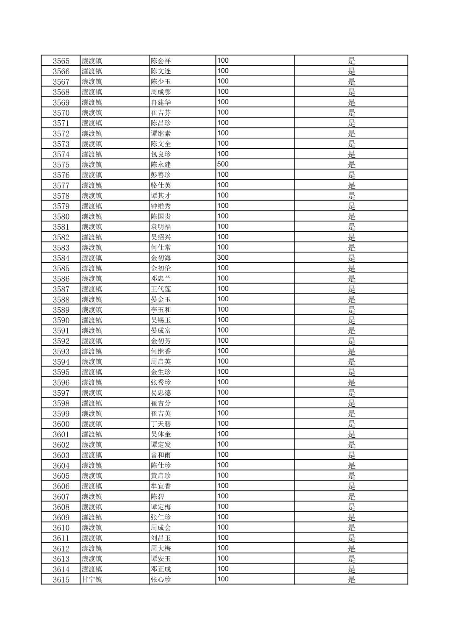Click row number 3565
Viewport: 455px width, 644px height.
coord(61,61)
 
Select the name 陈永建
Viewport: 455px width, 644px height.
coord(161,164)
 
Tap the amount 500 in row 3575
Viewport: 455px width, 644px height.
coord(223,164)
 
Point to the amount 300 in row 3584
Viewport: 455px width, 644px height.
coord(223,258)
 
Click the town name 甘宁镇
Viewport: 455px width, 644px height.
coord(92,580)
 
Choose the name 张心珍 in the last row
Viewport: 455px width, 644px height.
coord(161,580)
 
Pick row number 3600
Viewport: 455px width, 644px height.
coord(61,424)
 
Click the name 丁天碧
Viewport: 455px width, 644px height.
coord(161,424)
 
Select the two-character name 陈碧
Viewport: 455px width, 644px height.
coord(158,497)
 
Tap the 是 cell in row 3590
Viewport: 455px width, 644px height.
coord(351,320)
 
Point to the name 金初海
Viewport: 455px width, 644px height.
coord(161,258)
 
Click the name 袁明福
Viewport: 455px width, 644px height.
coord(161,227)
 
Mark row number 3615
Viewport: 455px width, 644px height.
coord(61,580)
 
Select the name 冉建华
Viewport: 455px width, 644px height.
coord(161,102)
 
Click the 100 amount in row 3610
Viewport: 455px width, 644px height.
coord(223,527)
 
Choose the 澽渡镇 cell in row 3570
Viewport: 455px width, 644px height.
coord(92,113)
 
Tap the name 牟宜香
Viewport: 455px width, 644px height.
coord(161,486)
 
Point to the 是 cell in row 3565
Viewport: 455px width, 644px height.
coord(351,61)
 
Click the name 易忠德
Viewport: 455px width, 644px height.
coord(161,393)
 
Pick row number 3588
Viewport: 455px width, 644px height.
coord(61,300)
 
